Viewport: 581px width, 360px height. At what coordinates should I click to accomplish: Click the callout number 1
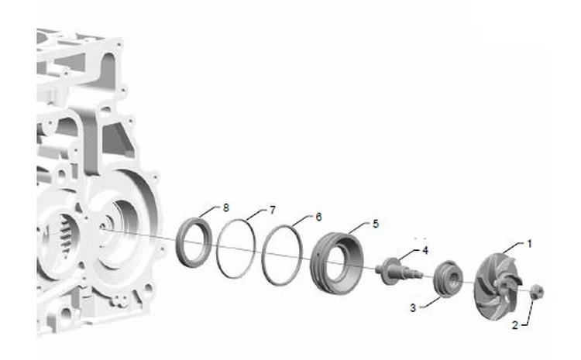[530, 244]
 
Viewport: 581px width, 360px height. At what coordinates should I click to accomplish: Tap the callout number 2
[515, 325]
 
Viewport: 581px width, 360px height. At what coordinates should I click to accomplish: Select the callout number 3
[413, 308]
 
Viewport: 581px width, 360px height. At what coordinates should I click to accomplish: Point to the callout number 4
[425, 250]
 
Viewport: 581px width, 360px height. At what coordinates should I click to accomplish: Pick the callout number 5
[376, 224]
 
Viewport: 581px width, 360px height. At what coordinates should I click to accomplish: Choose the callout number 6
[318, 217]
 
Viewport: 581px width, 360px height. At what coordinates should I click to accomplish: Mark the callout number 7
[273, 211]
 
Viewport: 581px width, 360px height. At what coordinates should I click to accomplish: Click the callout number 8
[226, 207]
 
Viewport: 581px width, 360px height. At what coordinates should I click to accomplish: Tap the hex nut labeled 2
[537, 292]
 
